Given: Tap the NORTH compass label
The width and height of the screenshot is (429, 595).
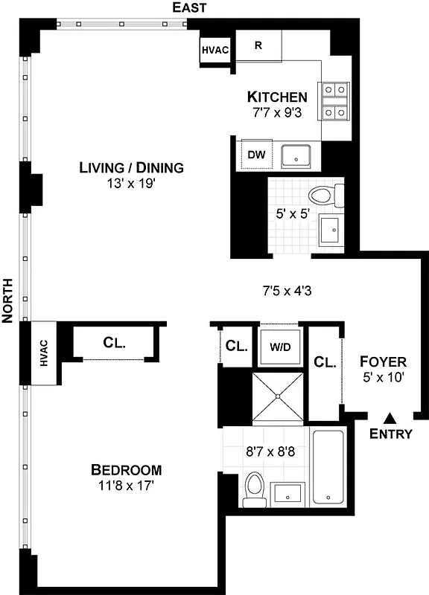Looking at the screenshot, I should [x=8, y=300].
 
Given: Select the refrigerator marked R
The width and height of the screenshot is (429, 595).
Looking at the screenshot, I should [x=258, y=45].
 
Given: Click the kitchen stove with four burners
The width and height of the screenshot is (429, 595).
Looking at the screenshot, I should [x=334, y=100].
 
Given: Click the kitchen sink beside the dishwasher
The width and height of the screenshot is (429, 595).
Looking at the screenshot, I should [x=298, y=155].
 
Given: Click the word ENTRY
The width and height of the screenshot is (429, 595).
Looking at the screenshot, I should [x=390, y=434].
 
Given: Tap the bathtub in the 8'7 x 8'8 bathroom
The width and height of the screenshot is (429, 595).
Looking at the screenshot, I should [x=327, y=467].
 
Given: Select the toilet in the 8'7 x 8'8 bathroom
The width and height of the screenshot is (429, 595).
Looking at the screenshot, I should [x=254, y=491].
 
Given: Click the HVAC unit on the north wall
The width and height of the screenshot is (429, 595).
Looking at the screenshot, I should [x=43, y=353].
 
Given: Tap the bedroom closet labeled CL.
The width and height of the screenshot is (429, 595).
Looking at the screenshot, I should [x=114, y=343].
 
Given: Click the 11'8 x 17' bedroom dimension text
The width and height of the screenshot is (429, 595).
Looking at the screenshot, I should [x=127, y=485].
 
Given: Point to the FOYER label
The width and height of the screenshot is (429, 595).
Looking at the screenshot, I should [x=383, y=362].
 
